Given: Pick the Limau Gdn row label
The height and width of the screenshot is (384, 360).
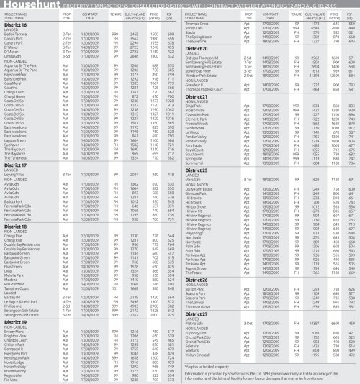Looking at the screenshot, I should (16, 55).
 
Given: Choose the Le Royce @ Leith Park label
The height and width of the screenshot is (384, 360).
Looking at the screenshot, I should (26, 292).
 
